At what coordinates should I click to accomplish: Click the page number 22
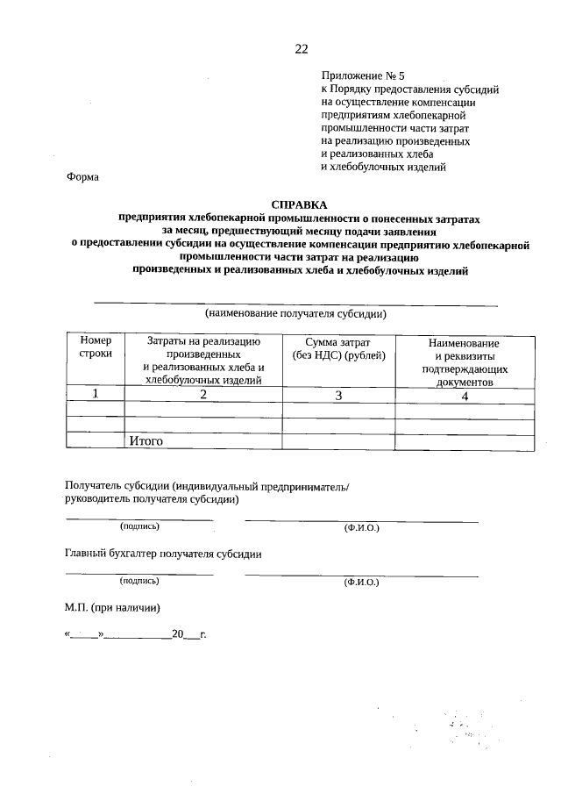[301, 49]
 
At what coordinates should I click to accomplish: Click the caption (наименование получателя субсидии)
[295, 313]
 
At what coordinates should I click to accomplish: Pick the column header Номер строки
[96, 347]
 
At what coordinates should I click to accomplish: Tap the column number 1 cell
[96, 395]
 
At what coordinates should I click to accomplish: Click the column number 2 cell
[203, 395]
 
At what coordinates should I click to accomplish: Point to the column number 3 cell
[338, 395]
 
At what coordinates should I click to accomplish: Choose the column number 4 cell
[465, 395]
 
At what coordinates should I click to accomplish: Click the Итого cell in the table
[146, 441]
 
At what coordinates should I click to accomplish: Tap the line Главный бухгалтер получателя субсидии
[164, 554]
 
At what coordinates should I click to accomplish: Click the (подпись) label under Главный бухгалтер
[139, 580]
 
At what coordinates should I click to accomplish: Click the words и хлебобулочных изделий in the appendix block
[384, 166]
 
